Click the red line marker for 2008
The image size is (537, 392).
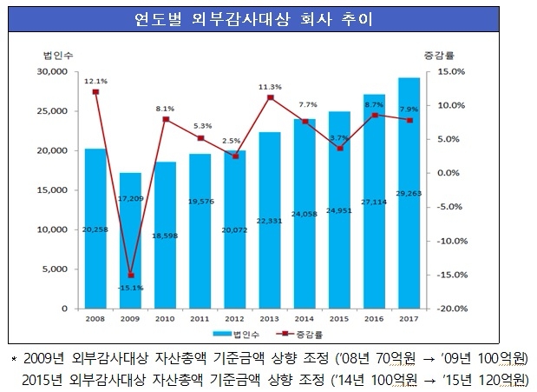(x=95, y=92)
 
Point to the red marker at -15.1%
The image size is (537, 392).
(x=130, y=276)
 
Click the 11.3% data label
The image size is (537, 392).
(x=270, y=87)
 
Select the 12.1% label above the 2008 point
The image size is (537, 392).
(x=95, y=81)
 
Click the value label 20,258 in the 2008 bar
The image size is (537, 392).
(x=95, y=230)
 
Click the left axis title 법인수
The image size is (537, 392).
(x=54, y=56)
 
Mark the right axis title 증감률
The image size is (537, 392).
(x=448, y=56)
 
